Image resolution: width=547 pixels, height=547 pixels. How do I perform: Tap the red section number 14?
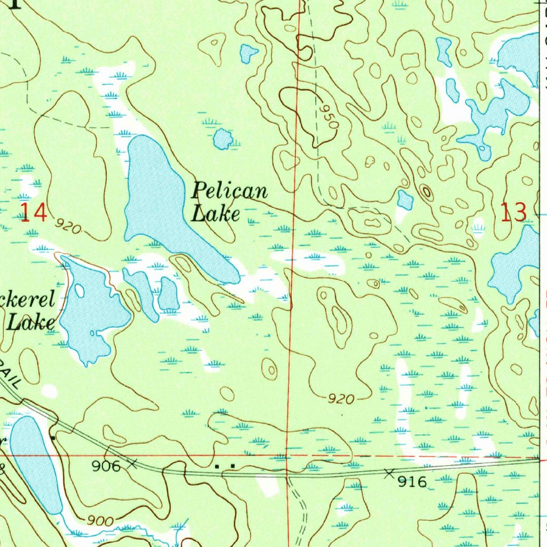(x=33, y=212)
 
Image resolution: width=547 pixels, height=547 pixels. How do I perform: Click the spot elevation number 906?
(x=106, y=466)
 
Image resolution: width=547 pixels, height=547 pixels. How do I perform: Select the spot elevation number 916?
(x=413, y=482)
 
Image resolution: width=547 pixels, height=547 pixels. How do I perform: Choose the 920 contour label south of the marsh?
(x=341, y=398)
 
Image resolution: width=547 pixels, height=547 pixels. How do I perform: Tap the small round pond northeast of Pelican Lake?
(x=223, y=139)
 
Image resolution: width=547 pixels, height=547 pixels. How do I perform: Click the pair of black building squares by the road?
(x=224, y=466)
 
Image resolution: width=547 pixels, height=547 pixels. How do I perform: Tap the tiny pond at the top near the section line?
(x=248, y=53)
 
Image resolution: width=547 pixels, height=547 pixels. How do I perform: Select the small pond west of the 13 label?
(x=405, y=200)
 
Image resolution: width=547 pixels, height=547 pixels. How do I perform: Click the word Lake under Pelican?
(x=215, y=214)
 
